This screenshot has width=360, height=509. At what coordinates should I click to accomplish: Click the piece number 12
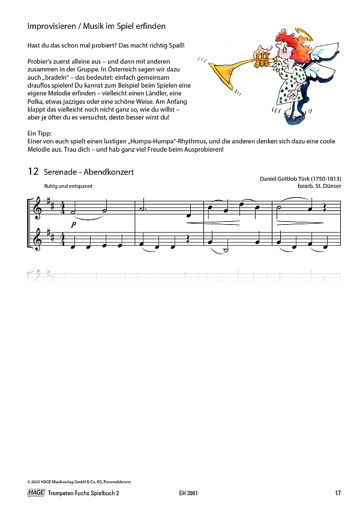[33, 171]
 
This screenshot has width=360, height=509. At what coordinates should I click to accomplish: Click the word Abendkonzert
[110, 172]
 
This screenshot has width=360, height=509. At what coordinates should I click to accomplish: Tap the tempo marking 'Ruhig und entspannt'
[68, 186]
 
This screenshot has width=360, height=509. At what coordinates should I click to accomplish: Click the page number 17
[338, 493]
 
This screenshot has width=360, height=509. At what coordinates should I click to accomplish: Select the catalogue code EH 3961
[188, 493]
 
